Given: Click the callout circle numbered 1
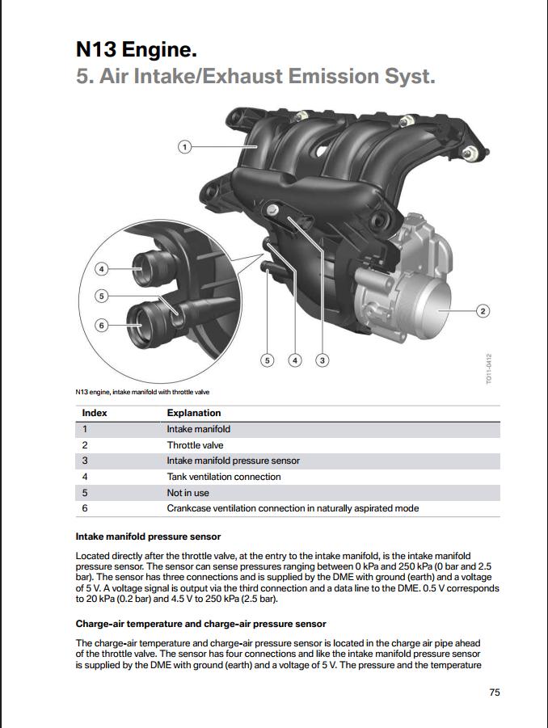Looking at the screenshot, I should tap(184, 147).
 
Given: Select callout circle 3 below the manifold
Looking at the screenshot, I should tap(322, 360).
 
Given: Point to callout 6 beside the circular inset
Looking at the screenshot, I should tap(101, 325).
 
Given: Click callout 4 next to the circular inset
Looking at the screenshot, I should tap(101, 268).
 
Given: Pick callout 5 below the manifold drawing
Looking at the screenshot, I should tap(267, 360).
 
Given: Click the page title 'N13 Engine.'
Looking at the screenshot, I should tap(136, 50).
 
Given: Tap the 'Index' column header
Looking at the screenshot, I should tap(95, 413).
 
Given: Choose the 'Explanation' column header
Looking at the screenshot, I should tap(194, 413).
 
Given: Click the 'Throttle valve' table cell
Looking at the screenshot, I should tap(196, 445).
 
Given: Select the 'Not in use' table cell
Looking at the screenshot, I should tap(188, 493).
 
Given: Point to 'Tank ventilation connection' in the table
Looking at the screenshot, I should tap(224, 477).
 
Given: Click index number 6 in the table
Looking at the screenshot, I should tap(85, 508).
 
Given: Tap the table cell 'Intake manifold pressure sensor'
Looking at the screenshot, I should tap(234, 461).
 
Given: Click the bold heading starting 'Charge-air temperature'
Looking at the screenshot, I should tap(200, 624).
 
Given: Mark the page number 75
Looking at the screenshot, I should tap(495, 692).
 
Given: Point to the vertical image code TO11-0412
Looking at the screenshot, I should tap(488, 368).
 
